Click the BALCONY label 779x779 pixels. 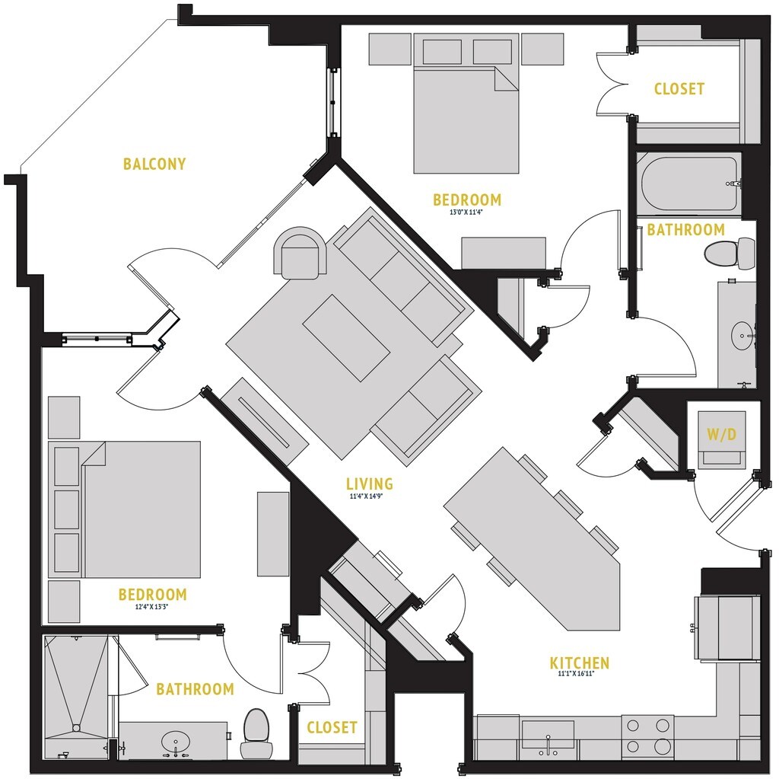coord(154,164)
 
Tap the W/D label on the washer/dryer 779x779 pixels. coord(721,436)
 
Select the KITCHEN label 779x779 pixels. coord(580,663)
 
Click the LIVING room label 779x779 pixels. coord(370,484)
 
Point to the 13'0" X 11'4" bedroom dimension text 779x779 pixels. coord(467,212)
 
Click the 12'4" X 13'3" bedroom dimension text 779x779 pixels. coord(152,607)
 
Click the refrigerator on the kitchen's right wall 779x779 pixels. coord(726,627)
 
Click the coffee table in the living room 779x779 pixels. coord(346,337)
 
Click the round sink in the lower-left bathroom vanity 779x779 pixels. coord(176,741)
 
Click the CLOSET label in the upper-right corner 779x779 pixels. coord(679,89)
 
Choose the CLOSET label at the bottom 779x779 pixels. coord(332,727)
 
